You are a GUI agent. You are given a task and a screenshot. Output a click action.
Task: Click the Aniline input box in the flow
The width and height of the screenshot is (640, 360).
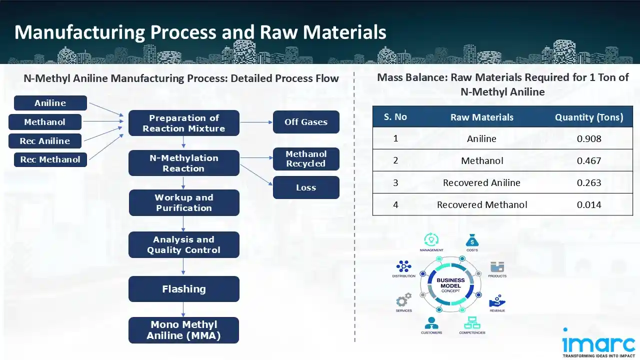click(50, 103)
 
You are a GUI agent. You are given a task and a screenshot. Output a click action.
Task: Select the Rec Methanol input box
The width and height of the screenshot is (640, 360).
click(50, 160)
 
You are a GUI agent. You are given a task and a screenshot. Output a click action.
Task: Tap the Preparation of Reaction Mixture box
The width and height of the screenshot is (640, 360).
click(183, 123)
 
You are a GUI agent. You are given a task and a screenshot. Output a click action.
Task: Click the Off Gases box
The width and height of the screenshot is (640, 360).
click(306, 122)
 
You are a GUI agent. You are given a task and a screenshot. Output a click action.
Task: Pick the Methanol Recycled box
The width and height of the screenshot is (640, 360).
click(306, 159)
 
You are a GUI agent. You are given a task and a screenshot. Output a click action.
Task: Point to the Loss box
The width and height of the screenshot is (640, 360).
click(306, 187)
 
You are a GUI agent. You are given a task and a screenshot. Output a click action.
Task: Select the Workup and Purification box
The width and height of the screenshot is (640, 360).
click(183, 202)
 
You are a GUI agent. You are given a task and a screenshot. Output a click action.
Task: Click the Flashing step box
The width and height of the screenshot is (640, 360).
click(183, 289)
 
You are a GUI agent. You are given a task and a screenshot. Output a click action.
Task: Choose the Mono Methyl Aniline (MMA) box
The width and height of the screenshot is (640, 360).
click(183, 330)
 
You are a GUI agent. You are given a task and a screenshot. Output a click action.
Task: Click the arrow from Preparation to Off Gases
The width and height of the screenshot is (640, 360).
click(256, 122)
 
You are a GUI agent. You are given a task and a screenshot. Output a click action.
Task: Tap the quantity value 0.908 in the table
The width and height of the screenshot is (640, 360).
click(589, 138)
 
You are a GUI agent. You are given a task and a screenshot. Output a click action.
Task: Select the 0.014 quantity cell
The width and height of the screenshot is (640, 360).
click(589, 204)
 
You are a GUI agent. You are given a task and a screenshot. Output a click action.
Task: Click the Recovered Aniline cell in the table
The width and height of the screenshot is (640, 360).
click(481, 182)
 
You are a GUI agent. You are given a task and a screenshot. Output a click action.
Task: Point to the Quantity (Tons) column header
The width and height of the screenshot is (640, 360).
click(589, 117)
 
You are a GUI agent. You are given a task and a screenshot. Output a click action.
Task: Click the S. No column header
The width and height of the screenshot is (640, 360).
click(395, 117)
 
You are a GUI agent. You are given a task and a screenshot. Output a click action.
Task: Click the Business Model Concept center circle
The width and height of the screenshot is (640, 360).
click(450, 285)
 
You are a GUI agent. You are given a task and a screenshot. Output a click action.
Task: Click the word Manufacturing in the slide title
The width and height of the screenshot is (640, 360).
click(78, 32)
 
